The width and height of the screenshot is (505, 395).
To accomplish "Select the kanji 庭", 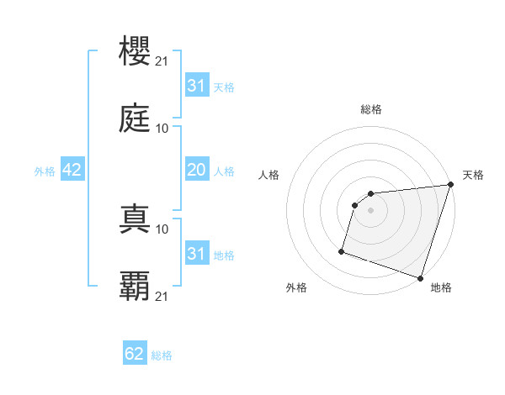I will coord(136,118).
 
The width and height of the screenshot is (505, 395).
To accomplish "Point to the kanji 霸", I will coord(136,287).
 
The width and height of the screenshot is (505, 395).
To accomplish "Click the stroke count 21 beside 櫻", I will coord(162,61).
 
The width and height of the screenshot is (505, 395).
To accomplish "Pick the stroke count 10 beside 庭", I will coord(162,129).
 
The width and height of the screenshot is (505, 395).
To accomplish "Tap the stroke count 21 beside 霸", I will coord(162,297).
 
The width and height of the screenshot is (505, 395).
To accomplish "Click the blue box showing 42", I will coord(72,170).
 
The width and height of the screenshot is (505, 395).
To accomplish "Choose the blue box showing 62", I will coord(135,355).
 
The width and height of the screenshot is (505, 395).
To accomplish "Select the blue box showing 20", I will coord(196,171).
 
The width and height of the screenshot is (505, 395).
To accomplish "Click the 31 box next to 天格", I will coord(196,87).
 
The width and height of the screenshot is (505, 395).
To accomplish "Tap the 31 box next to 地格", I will coord(196,255).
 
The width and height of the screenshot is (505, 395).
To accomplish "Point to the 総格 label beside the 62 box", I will coord(162,355).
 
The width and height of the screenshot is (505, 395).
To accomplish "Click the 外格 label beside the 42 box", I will coord(45,171).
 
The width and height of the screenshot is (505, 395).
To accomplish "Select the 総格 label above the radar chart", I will coord(371,109).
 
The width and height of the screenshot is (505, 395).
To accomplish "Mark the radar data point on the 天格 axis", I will coord(450,186).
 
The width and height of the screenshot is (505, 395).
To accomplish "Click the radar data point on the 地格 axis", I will coord(420,277).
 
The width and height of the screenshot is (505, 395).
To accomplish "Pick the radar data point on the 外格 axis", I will coord(342,250).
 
